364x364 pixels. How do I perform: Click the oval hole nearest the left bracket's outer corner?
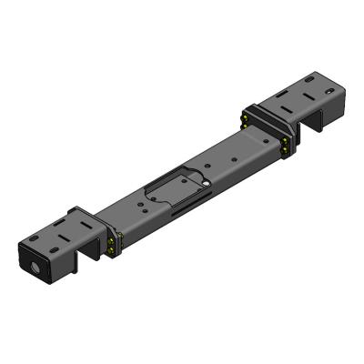click(x=35, y=239)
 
